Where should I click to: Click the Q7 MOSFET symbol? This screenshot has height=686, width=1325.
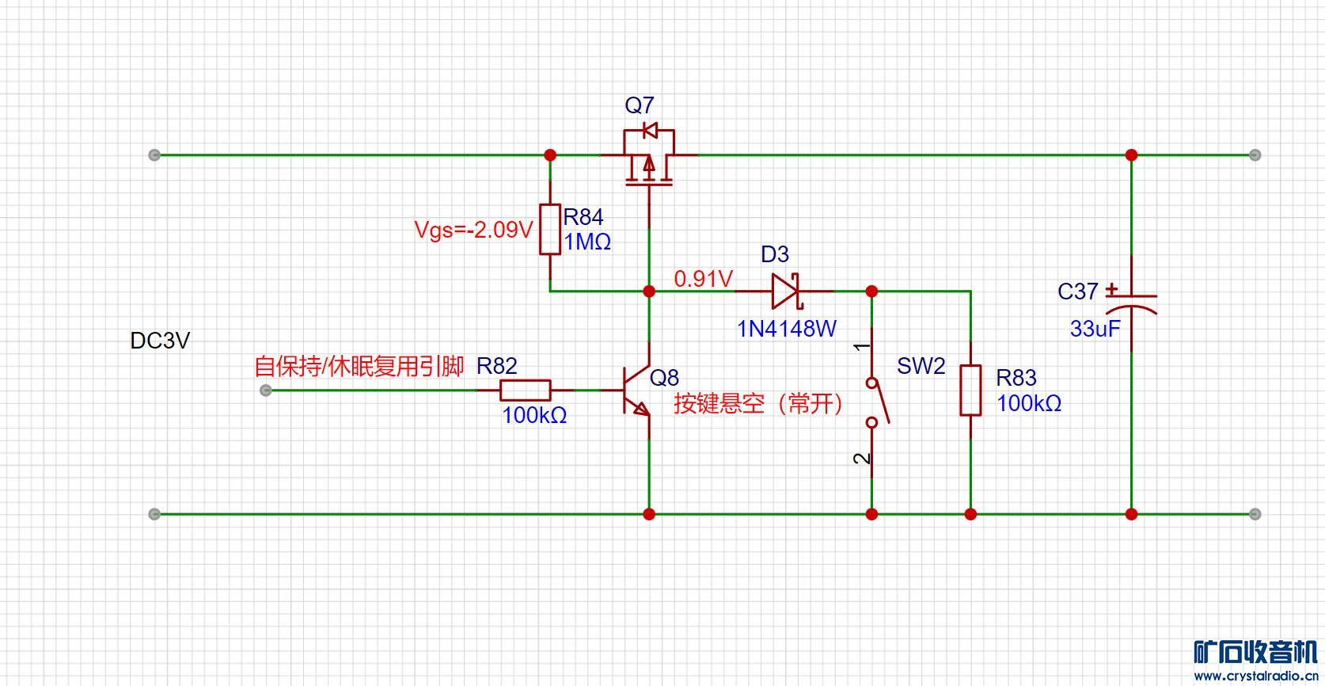649,158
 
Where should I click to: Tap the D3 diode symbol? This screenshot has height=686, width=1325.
786,292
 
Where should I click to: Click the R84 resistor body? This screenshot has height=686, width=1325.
550,229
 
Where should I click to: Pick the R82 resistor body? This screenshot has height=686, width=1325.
525,390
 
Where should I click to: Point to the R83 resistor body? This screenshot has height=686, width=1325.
970,390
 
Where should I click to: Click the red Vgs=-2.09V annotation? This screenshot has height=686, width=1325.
473,230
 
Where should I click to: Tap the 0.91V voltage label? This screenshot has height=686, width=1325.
703,279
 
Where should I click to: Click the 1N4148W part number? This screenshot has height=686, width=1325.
786,329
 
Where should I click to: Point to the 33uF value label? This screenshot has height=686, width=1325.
1095,329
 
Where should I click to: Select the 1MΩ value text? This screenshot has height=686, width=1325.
587,242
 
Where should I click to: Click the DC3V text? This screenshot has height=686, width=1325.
160,341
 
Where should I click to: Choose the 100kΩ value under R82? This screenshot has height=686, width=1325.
534,415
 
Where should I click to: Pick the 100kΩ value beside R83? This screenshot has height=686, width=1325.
1028,403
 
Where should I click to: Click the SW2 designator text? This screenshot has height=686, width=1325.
921,366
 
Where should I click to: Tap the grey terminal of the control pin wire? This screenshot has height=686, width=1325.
266,390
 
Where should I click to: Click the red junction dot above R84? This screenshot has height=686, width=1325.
550,155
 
